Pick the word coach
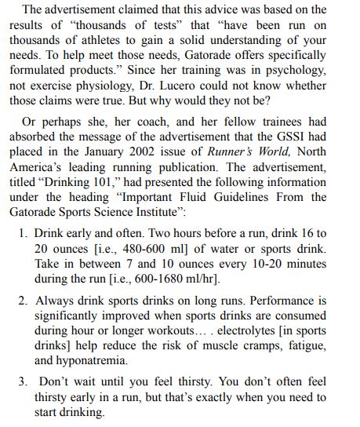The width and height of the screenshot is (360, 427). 125,124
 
